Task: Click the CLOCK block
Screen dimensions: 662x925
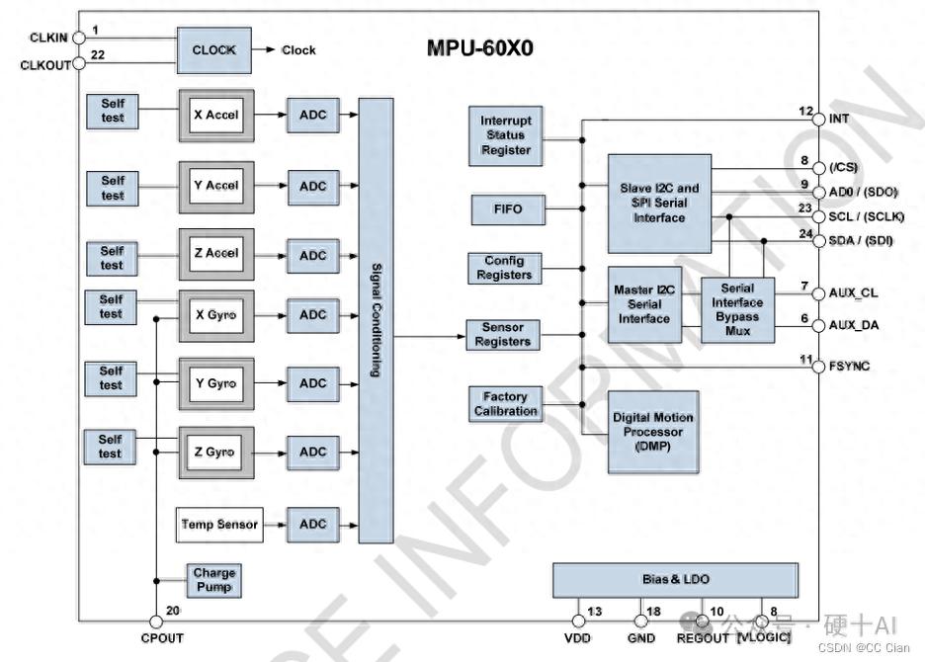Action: click(x=213, y=50)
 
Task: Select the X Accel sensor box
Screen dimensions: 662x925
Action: click(x=215, y=116)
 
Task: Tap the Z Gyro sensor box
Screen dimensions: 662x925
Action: click(x=215, y=452)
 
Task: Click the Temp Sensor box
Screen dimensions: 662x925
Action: click(x=219, y=525)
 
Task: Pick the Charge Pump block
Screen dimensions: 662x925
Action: click(x=214, y=580)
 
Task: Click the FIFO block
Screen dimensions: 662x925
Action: click(x=507, y=209)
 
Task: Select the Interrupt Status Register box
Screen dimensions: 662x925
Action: click(x=506, y=135)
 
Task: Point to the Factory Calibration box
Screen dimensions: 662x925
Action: click(x=506, y=404)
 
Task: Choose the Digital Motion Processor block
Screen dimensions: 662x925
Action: click(x=653, y=432)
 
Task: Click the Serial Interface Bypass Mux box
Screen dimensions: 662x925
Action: click(x=737, y=310)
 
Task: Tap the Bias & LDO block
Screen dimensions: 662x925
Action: click(x=675, y=580)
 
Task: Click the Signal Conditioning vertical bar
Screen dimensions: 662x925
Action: click(x=376, y=320)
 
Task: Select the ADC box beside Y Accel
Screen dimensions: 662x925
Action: click(x=312, y=186)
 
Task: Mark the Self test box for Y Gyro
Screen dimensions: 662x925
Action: click(x=111, y=377)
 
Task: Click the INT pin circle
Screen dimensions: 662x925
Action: click(x=818, y=120)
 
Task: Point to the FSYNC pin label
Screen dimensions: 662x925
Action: click(x=850, y=367)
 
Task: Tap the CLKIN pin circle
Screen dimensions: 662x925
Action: click(x=79, y=39)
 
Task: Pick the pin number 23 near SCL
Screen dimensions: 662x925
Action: click(x=805, y=209)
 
